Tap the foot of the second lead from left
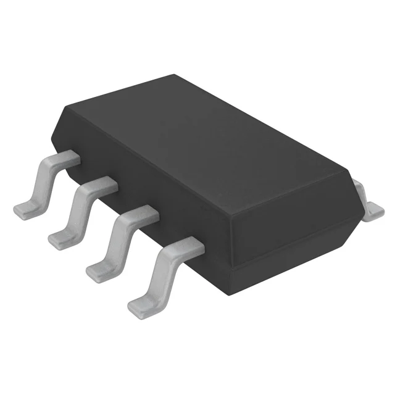click(62, 238)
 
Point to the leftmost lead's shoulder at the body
click(69, 157)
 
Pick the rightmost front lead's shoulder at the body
click(188, 247)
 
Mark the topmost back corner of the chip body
click(173, 76)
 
